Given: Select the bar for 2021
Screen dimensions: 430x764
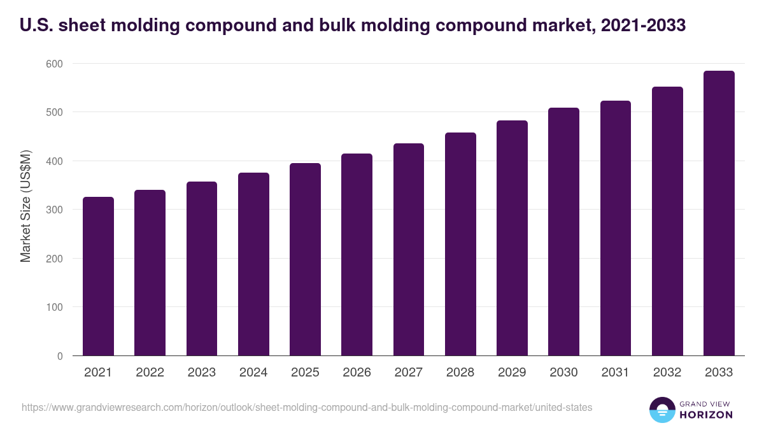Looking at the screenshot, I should pos(98,276).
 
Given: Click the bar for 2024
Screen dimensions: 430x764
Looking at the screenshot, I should pos(253,264).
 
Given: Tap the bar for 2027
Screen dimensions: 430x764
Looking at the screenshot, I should pos(409,250).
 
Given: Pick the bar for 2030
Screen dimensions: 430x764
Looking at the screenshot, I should pos(563,232).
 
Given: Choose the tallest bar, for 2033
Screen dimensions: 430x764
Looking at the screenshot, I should pos(719,213).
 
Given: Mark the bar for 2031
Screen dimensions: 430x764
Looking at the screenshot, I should pos(616,228).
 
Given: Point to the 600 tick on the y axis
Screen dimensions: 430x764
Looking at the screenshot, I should pos(54,64).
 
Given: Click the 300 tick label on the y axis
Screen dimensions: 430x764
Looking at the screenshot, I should pos(54,210).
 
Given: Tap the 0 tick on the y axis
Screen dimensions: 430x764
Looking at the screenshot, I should pos(60,356).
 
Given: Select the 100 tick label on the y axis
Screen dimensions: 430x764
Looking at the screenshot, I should pos(54,307).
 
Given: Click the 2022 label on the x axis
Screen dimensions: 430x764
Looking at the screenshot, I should pos(150,373).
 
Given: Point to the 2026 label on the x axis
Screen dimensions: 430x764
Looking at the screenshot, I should pos(357,373).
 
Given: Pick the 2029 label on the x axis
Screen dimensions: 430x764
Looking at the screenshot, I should pos(512,373).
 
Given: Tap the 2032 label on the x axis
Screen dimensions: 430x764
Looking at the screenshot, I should pos(667,373).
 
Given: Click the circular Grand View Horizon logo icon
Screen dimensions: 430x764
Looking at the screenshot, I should pos(661,410).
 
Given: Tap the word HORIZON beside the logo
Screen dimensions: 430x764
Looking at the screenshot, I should pos(706,415).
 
